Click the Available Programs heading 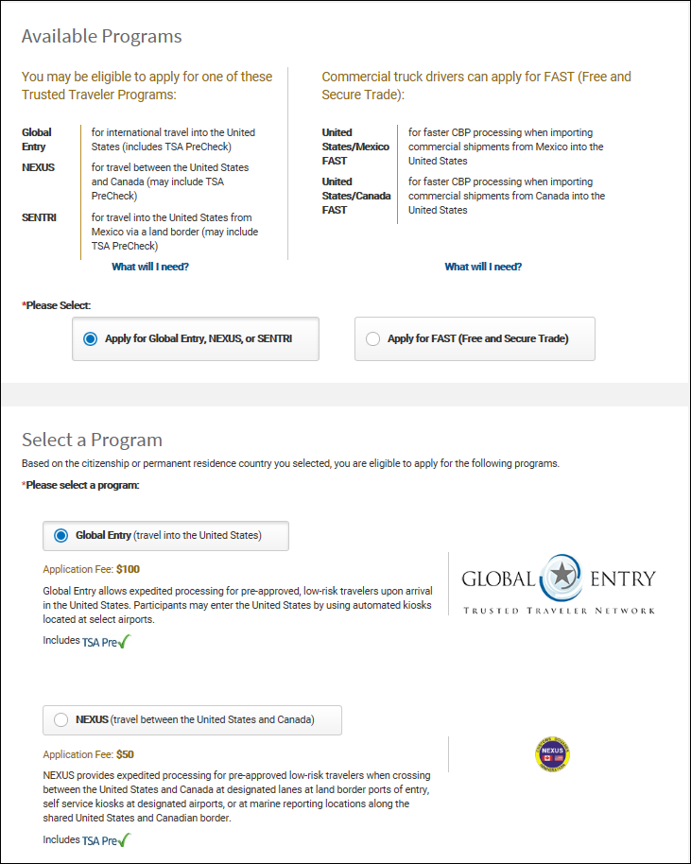101,37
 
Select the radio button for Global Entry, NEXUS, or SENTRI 91,338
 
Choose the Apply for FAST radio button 372,338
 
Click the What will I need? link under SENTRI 150,267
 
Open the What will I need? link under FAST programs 483,267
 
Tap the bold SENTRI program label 39,217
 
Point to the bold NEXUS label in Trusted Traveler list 38,168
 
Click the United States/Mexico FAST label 355,147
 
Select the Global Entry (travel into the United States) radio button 61,535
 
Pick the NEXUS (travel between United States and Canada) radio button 61,720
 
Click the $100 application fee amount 128,570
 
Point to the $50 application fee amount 125,755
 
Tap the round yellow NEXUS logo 552,755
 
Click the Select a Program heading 92,440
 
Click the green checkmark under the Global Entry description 124,642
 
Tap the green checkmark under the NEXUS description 124,839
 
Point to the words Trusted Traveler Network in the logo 559,611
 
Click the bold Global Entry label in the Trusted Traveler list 37,140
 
